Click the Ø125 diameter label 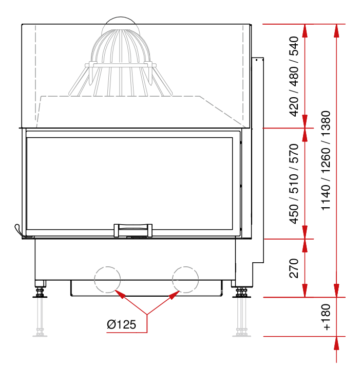pyautogui.click(x=121, y=324)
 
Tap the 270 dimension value pyautogui.click(x=294, y=268)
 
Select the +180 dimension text pyautogui.click(x=326, y=317)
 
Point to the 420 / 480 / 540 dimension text pyautogui.click(x=294, y=76)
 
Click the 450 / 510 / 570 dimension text pyautogui.click(x=294, y=184)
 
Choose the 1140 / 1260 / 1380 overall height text pyautogui.click(x=326, y=160)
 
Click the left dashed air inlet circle pyautogui.click(x=107, y=280)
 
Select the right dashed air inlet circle pyautogui.click(x=185, y=280)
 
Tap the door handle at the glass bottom pyautogui.click(x=133, y=230)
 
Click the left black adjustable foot pyautogui.click(x=40, y=293)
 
